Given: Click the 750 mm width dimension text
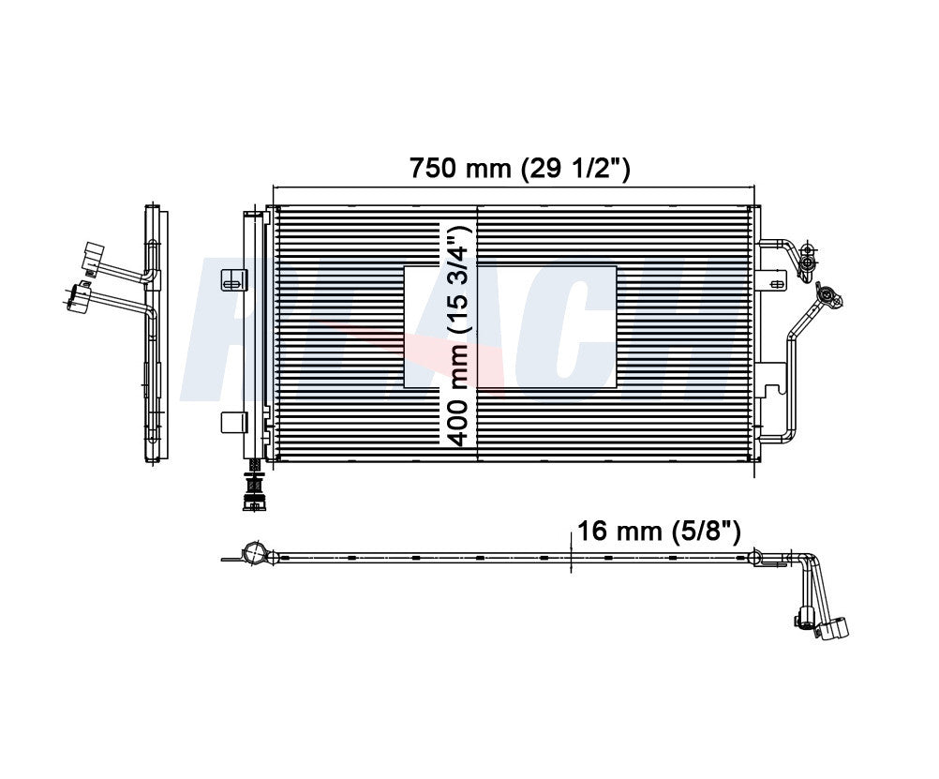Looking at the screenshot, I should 518,169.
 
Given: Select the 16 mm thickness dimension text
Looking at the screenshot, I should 659,532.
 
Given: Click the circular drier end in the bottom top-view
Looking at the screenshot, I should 254,553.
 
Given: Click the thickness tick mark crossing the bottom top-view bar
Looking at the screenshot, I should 571,553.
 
